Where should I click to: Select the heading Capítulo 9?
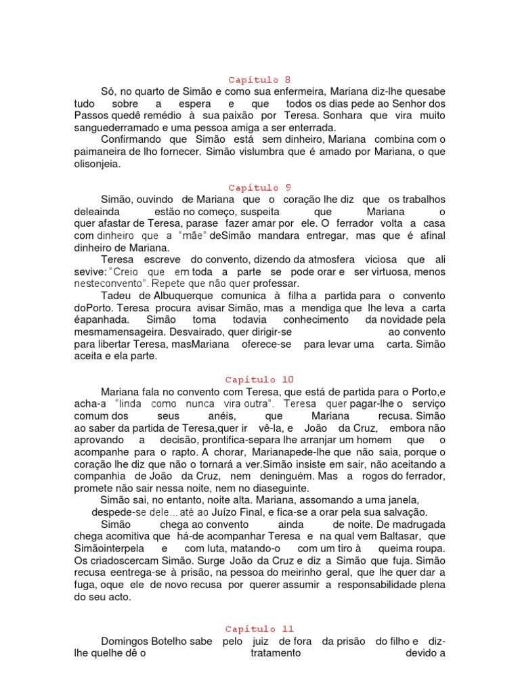pos(259,187)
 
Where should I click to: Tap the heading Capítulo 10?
pos(259,380)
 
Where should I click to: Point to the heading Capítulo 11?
pos(259,629)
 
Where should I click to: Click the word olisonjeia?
pos(100,164)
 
